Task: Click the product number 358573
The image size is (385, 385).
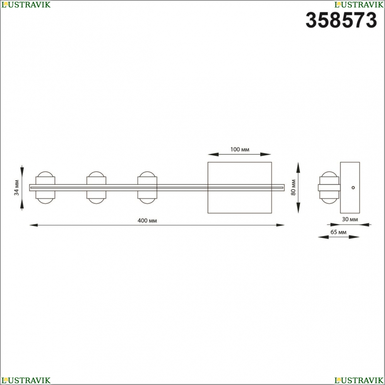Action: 341,20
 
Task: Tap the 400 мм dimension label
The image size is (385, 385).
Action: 147,221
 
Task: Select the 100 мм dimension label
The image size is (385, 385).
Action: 239,149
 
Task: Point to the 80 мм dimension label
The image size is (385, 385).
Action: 293,187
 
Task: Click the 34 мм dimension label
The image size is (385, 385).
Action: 17,187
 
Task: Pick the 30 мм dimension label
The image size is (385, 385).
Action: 350,219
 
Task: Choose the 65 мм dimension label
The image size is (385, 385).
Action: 338,232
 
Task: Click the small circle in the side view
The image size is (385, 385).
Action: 353,187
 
